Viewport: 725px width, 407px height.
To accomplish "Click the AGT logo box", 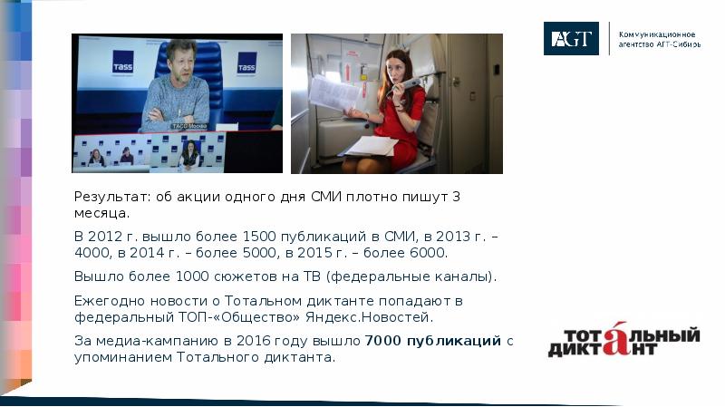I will (571, 38).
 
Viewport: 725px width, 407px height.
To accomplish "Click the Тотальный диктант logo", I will (623, 341).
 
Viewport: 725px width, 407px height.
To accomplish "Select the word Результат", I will (106, 197).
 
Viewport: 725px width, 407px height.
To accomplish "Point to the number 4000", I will (92, 253).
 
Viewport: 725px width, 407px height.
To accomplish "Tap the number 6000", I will (428, 253).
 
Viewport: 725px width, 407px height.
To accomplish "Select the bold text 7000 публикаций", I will (433, 341).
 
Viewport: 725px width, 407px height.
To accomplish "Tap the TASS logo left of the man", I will (122, 64).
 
